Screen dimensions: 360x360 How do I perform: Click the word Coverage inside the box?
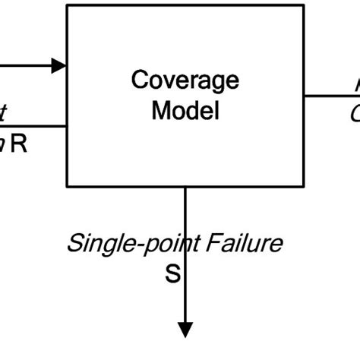click(x=185, y=80)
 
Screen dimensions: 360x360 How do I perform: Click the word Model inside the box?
click(x=185, y=110)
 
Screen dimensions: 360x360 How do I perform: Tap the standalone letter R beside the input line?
click(x=19, y=144)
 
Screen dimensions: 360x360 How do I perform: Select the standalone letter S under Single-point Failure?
click(x=173, y=273)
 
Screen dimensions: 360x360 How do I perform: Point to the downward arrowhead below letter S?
click(x=185, y=328)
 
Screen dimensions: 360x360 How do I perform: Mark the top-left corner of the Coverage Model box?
click(x=68, y=6)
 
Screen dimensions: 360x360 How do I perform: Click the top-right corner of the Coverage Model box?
click(x=304, y=6)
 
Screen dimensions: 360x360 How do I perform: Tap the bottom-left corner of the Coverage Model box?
click(x=68, y=186)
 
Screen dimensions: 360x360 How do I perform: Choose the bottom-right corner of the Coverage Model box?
click(x=304, y=186)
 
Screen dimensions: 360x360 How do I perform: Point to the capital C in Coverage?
click(x=140, y=80)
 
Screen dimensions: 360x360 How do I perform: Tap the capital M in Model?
click(x=160, y=110)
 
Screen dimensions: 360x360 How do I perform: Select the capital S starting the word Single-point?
click(x=75, y=244)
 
